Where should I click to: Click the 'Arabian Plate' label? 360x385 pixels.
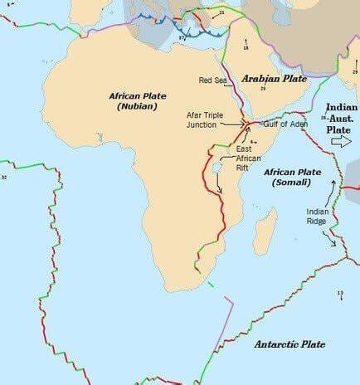(x=273, y=78)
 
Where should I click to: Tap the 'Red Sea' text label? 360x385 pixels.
(x=213, y=80)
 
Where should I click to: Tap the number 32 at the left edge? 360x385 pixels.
(x=4, y=177)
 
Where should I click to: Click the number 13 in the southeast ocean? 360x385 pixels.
(x=340, y=293)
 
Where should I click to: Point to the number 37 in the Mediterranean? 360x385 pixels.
(x=182, y=37)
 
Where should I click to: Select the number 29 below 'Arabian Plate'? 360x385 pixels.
(x=262, y=87)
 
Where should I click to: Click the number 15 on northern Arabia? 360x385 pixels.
(x=246, y=49)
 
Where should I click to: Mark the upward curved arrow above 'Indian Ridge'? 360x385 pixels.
(x=329, y=188)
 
